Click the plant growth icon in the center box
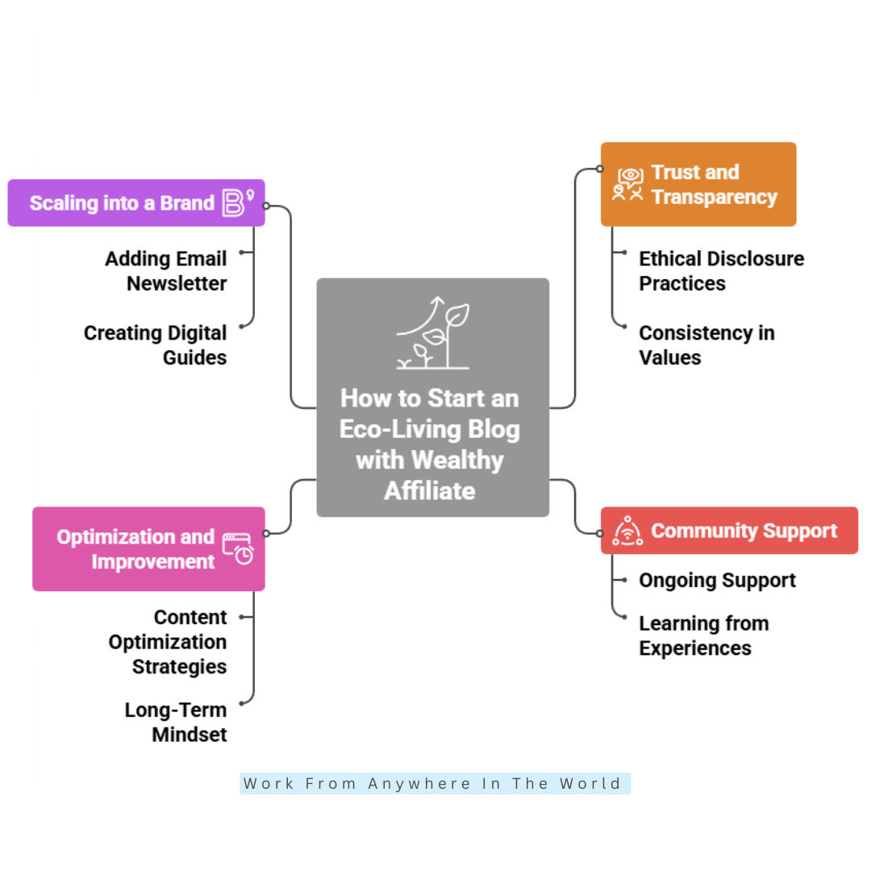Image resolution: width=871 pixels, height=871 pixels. click(433, 333)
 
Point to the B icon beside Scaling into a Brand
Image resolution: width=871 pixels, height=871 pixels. click(236, 202)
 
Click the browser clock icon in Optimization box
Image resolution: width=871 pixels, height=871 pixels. click(238, 548)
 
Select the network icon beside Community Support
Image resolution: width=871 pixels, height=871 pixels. click(627, 531)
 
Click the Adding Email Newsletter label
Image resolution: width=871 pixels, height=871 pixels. click(166, 271)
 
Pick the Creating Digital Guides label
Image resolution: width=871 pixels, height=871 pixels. click(156, 344)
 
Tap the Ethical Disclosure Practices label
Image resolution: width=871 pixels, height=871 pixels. click(721, 271)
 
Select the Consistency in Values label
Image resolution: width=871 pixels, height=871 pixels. click(706, 344)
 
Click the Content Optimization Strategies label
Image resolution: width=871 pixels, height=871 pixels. click(168, 642)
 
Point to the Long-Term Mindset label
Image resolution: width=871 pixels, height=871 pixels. click(176, 722)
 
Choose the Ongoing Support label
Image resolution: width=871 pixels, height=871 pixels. click(717, 580)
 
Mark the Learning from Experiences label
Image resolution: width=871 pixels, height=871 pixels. click(703, 636)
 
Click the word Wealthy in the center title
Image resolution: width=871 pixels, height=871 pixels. click(458, 461)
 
